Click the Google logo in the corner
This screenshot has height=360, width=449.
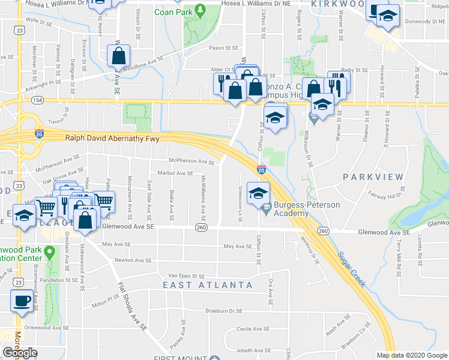point(20,352)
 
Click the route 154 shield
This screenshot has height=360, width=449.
point(38,100)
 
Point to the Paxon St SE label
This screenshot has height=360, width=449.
point(223,48)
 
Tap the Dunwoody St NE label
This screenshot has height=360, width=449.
point(420,20)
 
